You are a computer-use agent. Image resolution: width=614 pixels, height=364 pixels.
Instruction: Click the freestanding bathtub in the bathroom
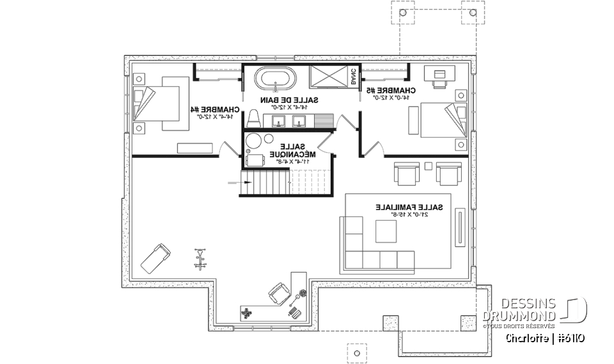tap(276, 81)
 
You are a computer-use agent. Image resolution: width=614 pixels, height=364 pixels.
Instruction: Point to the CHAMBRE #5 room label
tap(392, 91)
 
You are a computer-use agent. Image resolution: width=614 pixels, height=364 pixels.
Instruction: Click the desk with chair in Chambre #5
tap(440, 76)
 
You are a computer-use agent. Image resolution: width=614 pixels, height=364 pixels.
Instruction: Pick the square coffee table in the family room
tap(386, 232)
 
